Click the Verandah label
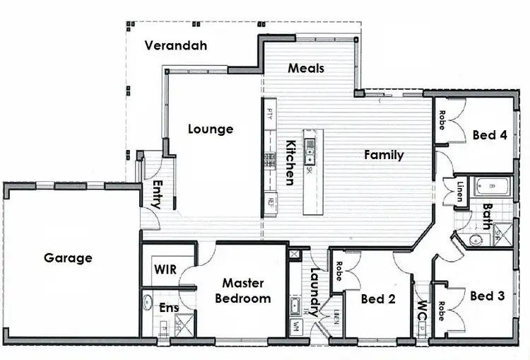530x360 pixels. [176, 46]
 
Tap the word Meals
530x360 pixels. [307, 68]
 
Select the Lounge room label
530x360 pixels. [211, 129]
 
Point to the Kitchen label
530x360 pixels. [290, 162]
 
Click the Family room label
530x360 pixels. [384, 155]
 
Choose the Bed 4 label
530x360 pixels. [490, 135]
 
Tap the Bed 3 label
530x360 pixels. [487, 296]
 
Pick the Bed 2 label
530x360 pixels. [377, 299]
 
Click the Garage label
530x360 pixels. [68, 257]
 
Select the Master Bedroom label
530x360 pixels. [243, 291]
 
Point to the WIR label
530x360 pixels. [165, 270]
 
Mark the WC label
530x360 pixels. [421, 312]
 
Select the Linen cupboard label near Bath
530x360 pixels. [459, 192]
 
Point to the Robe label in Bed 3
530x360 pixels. [441, 311]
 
